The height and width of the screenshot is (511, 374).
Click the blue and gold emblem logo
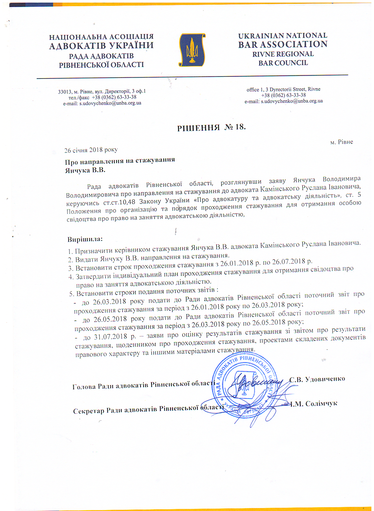click(x=192, y=50)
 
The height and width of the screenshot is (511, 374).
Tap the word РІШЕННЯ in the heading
click(x=199, y=128)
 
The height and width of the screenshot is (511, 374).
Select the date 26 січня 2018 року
click(x=91, y=150)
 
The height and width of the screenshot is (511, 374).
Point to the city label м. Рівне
click(x=341, y=142)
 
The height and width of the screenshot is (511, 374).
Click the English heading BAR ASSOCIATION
click(x=283, y=44)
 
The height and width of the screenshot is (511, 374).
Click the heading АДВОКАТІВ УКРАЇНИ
click(x=101, y=46)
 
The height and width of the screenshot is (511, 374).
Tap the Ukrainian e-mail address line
click(x=102, y=103)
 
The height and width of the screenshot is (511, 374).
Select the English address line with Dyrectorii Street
click(x=283, y=89)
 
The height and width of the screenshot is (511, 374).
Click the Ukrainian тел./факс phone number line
click(x=102, y=97)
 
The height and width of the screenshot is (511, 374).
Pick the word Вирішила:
click(x=85, y=239)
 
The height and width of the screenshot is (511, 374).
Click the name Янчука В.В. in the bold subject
click(x=85, y=170)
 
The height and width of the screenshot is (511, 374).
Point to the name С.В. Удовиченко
click(x=317, y=379)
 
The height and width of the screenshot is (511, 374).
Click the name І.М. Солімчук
click(x=314, y=404)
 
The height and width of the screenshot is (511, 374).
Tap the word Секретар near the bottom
click(x=89, y=411)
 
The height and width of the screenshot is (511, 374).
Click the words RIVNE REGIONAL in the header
click(x=283, y=54)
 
